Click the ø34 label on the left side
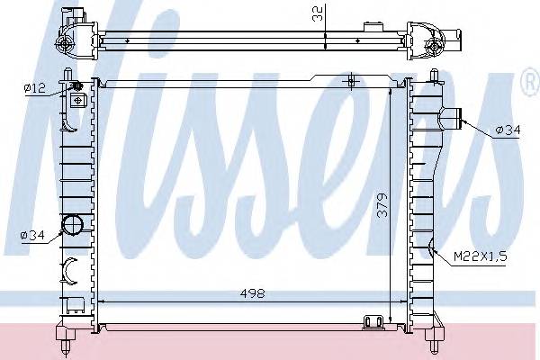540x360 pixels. [33, 236]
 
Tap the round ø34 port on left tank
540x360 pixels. [71, 226]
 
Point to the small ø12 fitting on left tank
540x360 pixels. [76, 87]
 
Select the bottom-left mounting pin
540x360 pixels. [68, 339]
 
